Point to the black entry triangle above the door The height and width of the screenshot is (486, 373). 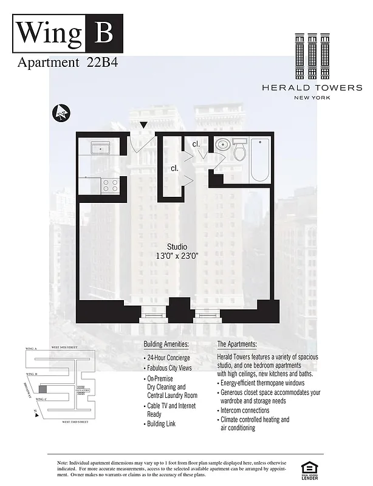[x=143, y=125]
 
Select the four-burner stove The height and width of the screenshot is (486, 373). [x=110, y=185]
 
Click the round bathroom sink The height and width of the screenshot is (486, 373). [x=222, y=146]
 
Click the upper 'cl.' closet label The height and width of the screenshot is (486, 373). [x=196, y=144]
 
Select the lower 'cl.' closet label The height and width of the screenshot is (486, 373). [x=174, y=168]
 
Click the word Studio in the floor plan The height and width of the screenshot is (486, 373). [x=177, y=246]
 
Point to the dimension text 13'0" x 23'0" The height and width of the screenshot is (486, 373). [x=177, y=256]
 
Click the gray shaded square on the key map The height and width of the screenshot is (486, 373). [x=43, y=389]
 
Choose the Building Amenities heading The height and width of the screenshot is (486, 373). [x=166, y=344]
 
